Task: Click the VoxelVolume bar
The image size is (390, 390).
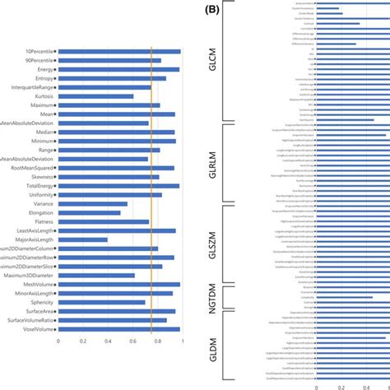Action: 118,328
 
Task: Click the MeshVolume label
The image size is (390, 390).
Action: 37,284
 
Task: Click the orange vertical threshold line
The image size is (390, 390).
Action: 151,189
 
